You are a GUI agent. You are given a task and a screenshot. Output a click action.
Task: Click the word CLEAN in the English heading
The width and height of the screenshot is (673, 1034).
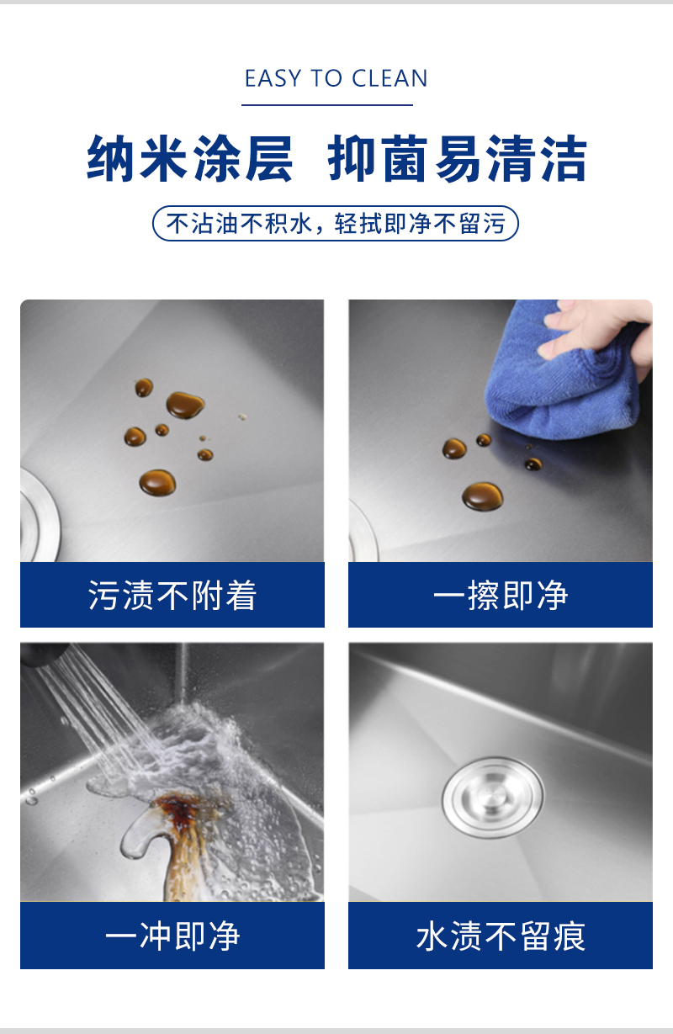pos(389,78)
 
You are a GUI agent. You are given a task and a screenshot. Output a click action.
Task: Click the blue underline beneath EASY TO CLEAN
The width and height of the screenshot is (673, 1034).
pos(327,105)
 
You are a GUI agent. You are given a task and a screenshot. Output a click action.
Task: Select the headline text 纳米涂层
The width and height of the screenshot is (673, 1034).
pos(190,158)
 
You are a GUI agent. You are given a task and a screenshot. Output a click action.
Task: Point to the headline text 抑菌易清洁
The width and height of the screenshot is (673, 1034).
pos(458,158)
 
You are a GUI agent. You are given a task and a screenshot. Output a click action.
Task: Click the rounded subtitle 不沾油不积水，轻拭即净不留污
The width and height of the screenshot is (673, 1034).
pos(336,224)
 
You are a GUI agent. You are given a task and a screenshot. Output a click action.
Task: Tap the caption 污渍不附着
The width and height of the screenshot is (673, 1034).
pos(172,596)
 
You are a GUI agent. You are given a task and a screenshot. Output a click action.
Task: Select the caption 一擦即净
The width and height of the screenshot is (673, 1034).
pos(501,596)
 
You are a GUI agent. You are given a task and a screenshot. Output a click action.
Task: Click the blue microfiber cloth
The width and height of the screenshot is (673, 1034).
pos(562,372)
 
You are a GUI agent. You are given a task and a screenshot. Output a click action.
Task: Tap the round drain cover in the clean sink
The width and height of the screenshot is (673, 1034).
pos(493,798)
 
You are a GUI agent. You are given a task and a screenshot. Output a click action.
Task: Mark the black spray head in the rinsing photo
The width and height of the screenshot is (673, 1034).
pos(44,653)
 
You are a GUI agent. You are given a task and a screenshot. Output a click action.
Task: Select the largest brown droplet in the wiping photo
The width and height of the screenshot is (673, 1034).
pos(483,496)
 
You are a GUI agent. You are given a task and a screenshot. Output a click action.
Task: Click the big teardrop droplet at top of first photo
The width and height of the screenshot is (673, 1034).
pos(185,406)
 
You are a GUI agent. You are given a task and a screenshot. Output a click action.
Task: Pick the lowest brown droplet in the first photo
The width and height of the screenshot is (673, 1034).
pos(157,483)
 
